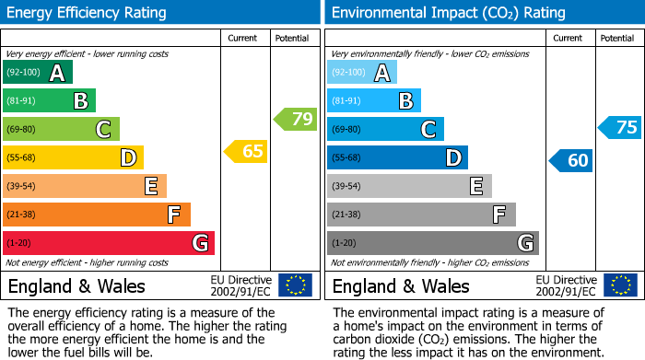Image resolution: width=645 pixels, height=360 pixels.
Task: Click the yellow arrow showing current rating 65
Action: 247,151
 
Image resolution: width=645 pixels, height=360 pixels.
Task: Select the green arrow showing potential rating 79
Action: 296,119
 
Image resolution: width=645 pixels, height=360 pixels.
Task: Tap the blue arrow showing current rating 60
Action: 571,160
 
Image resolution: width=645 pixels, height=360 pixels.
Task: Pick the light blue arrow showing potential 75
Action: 620,127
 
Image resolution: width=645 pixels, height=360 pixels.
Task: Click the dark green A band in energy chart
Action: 38,73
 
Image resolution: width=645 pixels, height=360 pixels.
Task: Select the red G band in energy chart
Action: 109,243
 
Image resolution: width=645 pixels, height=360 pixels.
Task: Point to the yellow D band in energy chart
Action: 73,158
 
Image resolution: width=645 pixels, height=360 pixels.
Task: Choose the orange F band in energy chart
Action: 97,215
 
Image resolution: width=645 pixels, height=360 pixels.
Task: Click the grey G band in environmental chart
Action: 433,243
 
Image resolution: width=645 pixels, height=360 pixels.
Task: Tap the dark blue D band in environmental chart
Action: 397,158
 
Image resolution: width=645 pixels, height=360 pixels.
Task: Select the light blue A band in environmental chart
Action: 362,73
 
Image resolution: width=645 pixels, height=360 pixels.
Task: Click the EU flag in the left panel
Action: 295,285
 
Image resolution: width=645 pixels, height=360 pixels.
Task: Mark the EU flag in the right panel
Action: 620,285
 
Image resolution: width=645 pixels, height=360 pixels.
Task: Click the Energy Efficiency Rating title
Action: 88,13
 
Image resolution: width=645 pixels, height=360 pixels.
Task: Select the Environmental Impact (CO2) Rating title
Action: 448,13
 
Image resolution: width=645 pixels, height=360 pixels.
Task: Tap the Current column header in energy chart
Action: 244,38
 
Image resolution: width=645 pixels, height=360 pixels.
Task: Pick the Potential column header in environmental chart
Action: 617,38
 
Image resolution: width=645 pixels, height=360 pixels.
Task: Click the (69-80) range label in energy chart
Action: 21,130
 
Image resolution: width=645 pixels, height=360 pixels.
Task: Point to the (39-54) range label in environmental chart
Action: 346,187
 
